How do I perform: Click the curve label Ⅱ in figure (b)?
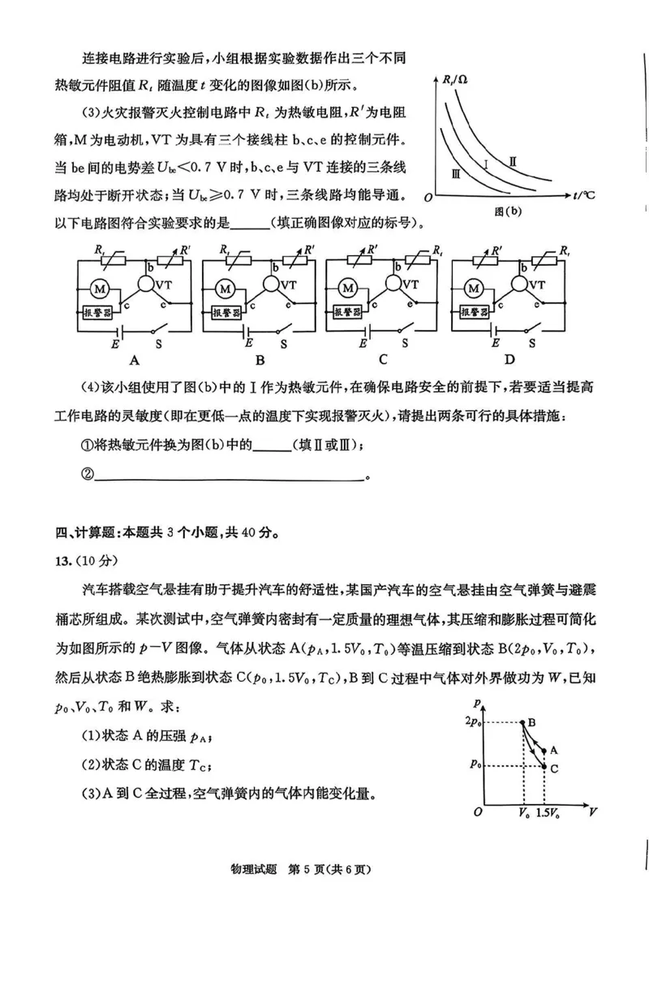pyautogui.click(x=514, y=162)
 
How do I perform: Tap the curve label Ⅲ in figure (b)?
pyautogui.click(x=457, y=173)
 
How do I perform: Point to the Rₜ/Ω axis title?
pyautogui.click(x=456, y=79)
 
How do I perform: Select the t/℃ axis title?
pyautogui.click(x=582, y=196)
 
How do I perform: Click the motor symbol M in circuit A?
pyautogui.click(x=101, y=289)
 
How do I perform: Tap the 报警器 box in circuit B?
pyautogui.click(x=226, y=312)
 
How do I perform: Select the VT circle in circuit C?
pyautogui.click(x=395, y=284)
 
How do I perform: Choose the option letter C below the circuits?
pyautogui.click(x=382, y=359)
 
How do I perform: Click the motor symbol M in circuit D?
pyautogui.click(x=474, y=289)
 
